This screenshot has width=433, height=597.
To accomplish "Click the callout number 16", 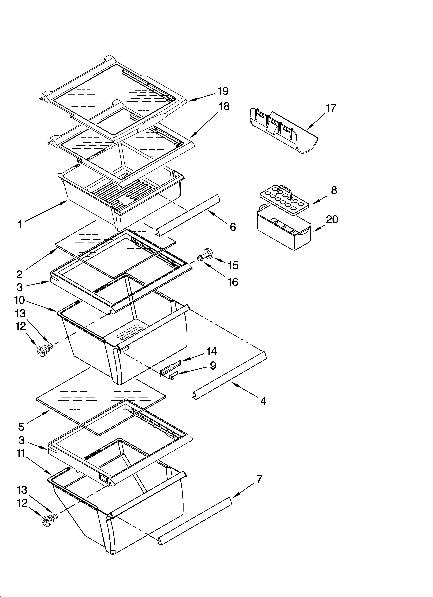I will (233, 282).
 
